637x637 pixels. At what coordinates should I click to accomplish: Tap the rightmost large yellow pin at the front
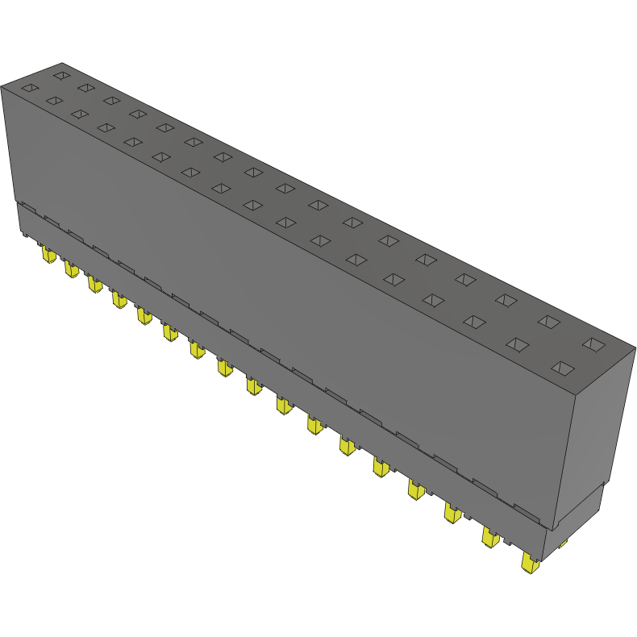click(x=529, y=564)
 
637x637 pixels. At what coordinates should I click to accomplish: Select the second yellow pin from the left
click(x=71, y=269)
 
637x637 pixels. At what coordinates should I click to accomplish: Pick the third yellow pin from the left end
click(x=95, y=284)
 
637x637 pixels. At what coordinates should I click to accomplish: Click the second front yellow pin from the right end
click(x=489, y=537)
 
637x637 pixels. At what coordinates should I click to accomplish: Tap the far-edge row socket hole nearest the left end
click(x=60, y=75)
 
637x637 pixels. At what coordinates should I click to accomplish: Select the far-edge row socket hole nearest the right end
click(x=593, y=344)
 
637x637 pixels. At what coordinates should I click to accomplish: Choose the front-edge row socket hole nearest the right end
click(x=562, y=368)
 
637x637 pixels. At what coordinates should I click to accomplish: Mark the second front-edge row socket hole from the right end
click(x=516, y=344)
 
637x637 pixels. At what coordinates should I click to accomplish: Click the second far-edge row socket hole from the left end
click(x=85, y=87)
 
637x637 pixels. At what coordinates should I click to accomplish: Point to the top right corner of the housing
click(x=635, y=348)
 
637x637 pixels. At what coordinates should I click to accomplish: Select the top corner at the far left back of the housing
click(x=62, y=63)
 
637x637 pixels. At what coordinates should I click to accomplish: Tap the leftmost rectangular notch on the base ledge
click(x=27, y=207)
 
